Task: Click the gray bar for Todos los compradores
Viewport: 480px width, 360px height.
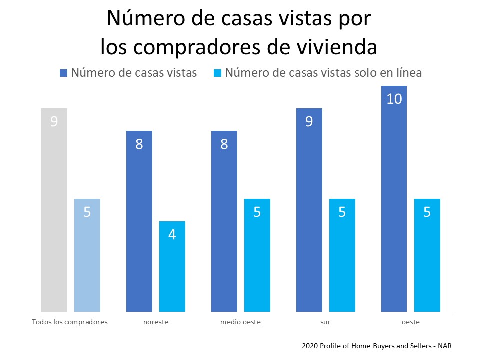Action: pos(54,210)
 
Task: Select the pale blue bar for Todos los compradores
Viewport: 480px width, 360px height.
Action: pos(87,255)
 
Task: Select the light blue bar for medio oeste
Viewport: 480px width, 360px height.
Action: pos(257,255)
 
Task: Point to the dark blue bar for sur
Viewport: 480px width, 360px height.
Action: pos(309,210)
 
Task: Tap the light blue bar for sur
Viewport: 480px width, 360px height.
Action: pos(342,255)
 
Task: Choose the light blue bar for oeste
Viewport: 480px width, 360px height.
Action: pos(427,255)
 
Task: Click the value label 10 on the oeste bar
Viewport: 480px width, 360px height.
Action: pos(394,99)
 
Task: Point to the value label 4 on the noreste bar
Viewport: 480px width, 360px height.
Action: pos(172,234)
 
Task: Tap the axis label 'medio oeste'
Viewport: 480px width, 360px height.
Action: pos(240,322)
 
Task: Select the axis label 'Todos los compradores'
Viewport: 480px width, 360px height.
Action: pos(70,322)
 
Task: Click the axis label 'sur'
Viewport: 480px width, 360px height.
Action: pos(325,322)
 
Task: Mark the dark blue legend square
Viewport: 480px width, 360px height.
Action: pos(63,73)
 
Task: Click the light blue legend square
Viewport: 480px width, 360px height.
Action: pos(217,73)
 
